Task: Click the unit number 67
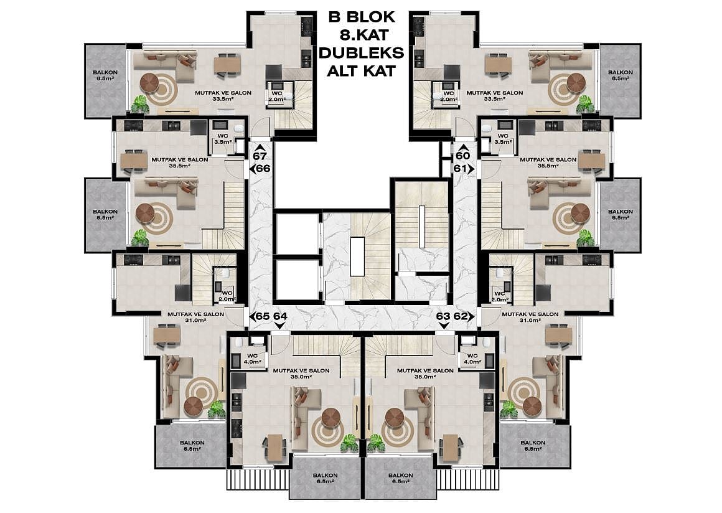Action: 260,156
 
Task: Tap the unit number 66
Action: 263,169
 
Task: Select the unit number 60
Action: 462,156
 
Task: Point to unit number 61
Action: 460,169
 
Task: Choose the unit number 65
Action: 263,316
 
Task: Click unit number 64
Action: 280,316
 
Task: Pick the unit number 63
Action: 443,316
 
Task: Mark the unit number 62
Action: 460,316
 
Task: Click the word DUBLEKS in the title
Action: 361,53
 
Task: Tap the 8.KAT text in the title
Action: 362,34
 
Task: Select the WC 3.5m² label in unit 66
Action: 223,139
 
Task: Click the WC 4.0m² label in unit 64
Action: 253,359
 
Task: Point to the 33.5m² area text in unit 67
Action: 223,98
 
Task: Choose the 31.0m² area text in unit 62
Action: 530,320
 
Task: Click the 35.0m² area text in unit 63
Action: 425,376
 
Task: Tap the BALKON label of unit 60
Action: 621,72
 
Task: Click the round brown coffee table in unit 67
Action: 149,83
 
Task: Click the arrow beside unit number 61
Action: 471,169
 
